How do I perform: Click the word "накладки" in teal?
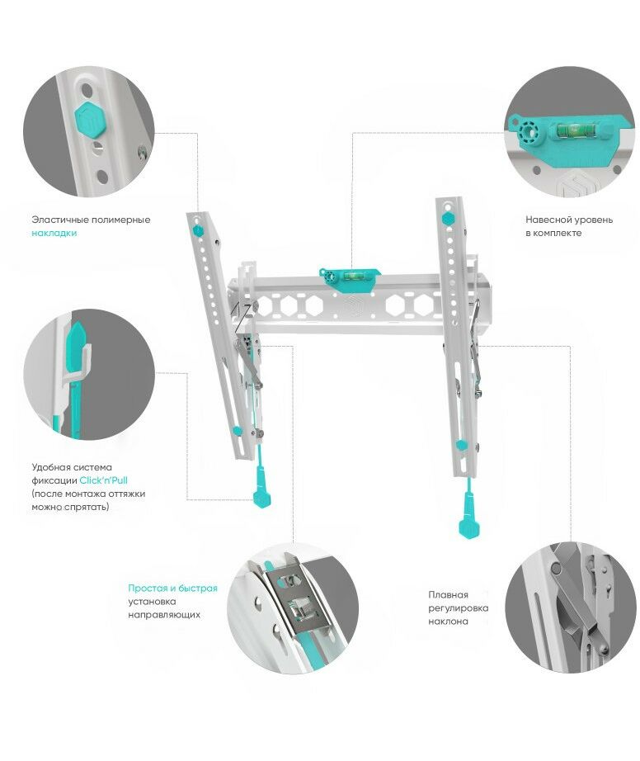pyautogui.click(x=54, y=234)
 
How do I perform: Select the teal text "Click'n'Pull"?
pyautogui.click(x=104, y=480)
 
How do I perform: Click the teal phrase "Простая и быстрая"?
pyautogui.click(x=172, y=588)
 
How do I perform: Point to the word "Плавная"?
pyautogui.click(x=448, y=594)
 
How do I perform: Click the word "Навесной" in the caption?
pyautogui.click(x=548, y=220)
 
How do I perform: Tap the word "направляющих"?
pyautogui.click(x=164, y=615)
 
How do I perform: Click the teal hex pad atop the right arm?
pyautogui.click(x=449, y=219)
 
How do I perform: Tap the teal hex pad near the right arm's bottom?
pyautogui.click(x=461, y=445)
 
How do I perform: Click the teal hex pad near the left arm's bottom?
pyautogui.click(x=238, y=431)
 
